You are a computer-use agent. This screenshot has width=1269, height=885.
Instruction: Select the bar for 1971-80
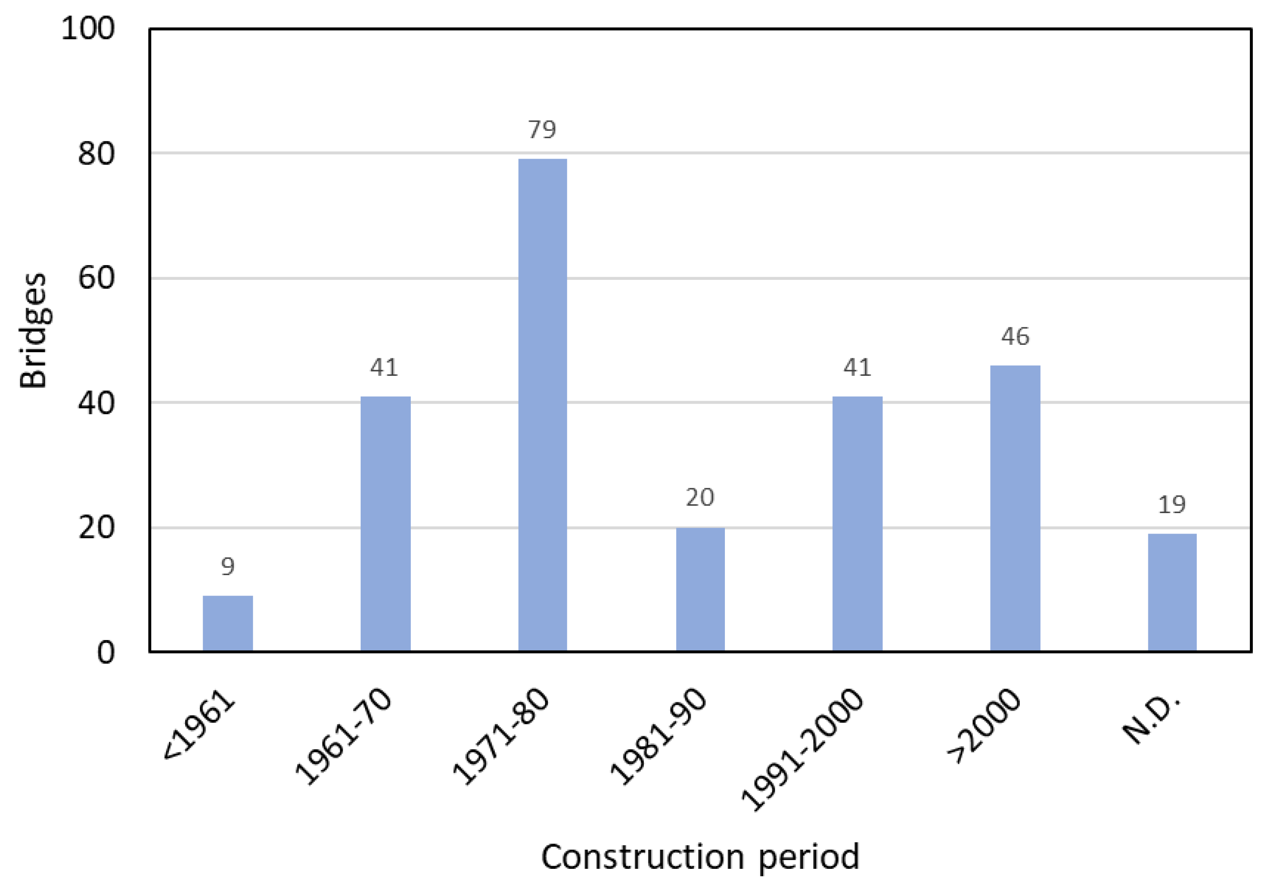[x=542, y=405]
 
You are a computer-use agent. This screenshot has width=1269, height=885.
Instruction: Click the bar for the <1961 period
[x=228, y=623]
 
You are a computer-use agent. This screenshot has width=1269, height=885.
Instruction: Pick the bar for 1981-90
[x=700, y=589]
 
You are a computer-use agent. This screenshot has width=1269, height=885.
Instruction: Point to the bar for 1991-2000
[x=857, y=524]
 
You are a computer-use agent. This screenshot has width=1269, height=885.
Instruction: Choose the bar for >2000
[x=1015, y=508]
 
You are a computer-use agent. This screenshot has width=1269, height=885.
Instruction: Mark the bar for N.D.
[x=1172, y=592]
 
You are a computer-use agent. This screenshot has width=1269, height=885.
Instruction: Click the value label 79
[x=541, y=130]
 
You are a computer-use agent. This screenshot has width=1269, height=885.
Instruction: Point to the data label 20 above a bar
[x=700, y=498]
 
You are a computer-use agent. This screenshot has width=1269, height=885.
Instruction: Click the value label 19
[x=1172, y=504]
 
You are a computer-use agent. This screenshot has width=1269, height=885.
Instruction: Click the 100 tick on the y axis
[x=88, y=28]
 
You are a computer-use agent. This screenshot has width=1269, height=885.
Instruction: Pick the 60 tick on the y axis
[x=96, y=278]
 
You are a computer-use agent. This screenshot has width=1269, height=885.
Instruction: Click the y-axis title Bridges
[x=33, y=331]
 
